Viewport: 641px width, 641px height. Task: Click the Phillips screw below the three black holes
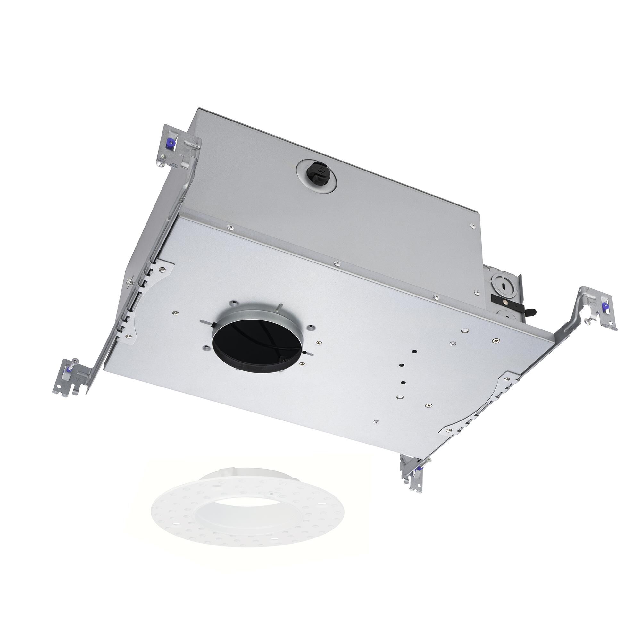(x=429, y=405)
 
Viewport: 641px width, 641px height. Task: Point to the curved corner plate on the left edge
(x=156, y=292)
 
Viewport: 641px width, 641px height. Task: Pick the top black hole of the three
(x=414, y=351)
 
